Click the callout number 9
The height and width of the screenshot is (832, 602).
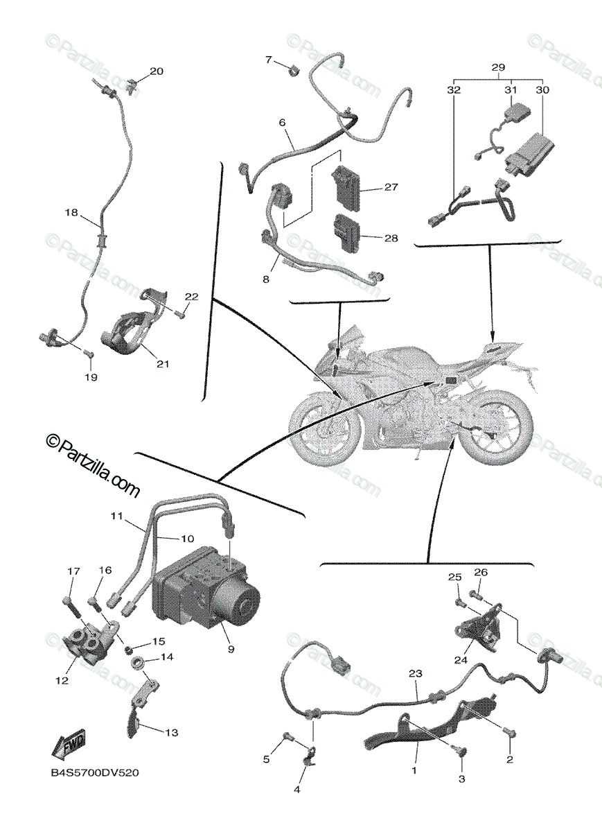click(x=231, y=649)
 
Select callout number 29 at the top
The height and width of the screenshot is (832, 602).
click(x=498, y=68)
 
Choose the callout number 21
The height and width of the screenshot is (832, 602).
click(x=163, y=363)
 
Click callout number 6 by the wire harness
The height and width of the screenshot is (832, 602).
click(x=283, y=122)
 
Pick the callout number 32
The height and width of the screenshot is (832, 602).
click(x=454, y=90)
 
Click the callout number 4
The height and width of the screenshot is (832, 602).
click(x=297, y=789)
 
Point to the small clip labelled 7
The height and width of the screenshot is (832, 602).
click(x=293, y=68)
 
